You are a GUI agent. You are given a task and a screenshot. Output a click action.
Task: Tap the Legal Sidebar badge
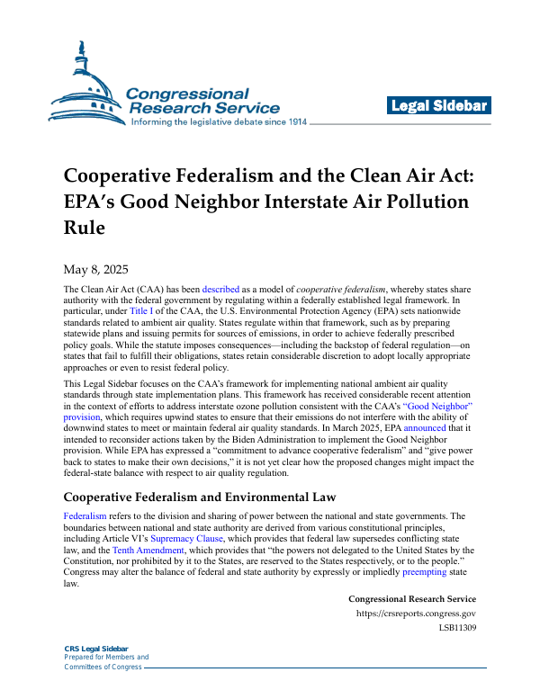(x=438, y=106)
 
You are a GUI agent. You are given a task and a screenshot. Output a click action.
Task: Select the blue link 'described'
(x=220, y=289)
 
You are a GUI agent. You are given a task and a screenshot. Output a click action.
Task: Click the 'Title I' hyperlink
(x=142, y=310)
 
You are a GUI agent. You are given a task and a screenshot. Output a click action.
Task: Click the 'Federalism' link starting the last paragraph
(x=85, y=515)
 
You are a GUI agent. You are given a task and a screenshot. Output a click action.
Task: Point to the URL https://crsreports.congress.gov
(x=417, y=614)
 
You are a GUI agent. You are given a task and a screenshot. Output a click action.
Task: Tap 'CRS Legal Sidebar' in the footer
(x=96, y=649)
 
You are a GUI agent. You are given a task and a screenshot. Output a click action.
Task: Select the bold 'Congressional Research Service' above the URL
(x=411, y=599)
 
